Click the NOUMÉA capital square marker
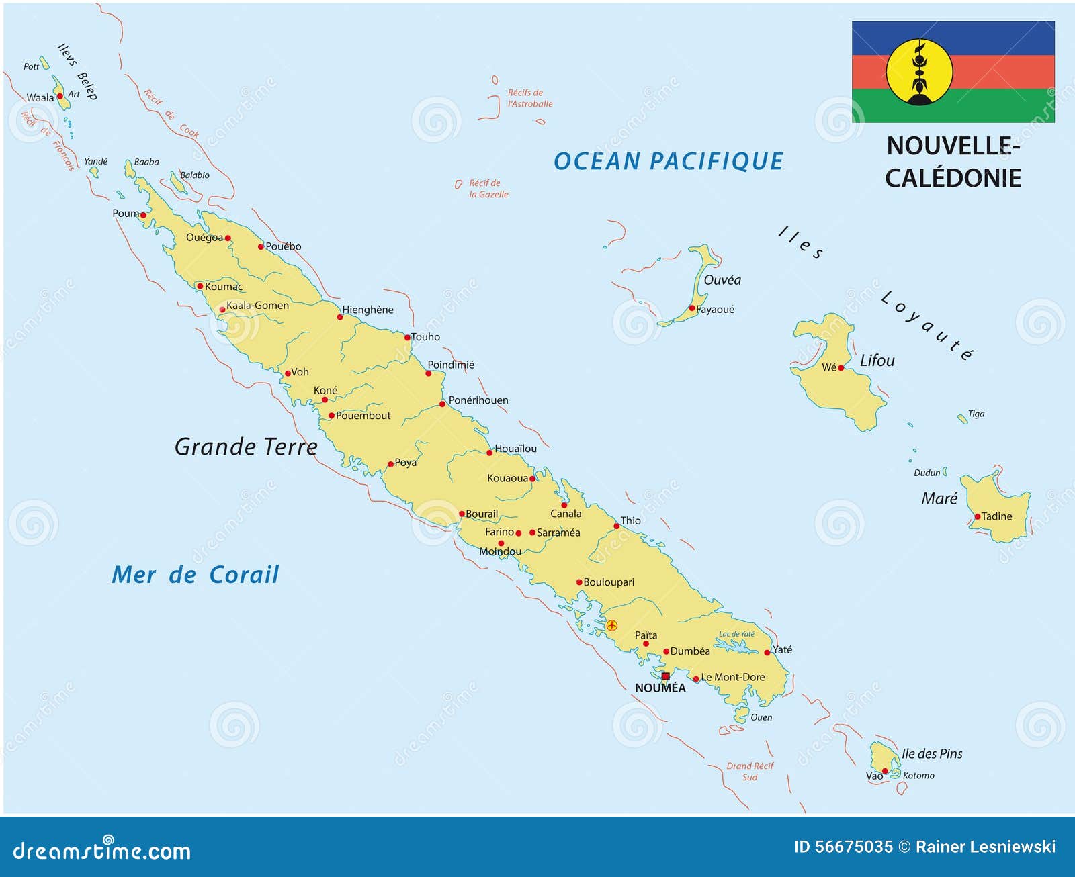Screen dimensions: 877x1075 tap(665, 676)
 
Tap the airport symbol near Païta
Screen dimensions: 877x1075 tap(611, 625)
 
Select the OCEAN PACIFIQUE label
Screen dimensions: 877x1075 tap(668, 161)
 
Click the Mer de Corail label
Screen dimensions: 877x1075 tap(195, 575)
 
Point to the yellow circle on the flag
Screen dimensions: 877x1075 tap(919, 72)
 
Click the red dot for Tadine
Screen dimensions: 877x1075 tap(977, 516)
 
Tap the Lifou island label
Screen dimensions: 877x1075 tap(877, 361)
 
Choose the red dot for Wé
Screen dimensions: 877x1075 tap(841, 367)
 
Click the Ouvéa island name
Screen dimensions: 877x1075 tap(722, 280)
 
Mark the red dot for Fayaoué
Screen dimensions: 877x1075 tap(692, 308)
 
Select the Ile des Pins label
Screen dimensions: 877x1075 tap(931, 754)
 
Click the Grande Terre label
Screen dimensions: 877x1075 tap(246, 447)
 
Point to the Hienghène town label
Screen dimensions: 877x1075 tap(368, 310)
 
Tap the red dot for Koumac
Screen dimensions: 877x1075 tap(200, 286)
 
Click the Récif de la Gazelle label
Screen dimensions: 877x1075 tap(488, 189)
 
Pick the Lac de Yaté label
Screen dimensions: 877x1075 tap(736, 634)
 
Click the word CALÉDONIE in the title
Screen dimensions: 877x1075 tap(953, 178)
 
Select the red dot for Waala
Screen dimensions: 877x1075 tap(60, 96)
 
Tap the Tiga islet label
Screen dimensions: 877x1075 tap(976, 414)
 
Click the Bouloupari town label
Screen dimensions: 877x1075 tap(608, 582)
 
